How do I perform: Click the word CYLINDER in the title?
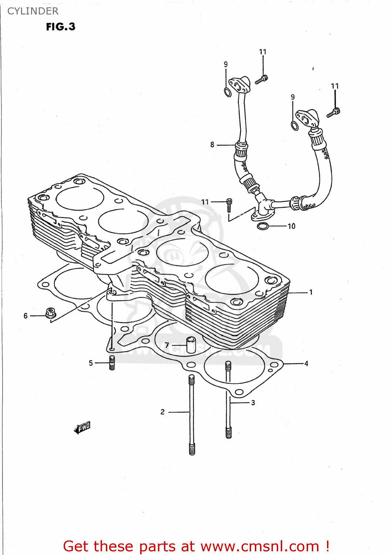pyautogui.click(x=33, y=11)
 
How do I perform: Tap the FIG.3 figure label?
pyautogui.click(x=61, y=27)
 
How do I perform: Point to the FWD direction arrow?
pyautogui.click(x=82, y=428)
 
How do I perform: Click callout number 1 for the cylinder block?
pyautogui.click(x=311, y=292)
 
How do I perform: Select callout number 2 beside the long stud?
pyautogui.click(x=162, y=412)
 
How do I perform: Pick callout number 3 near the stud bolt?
pyautogui.click(x=253, y=403)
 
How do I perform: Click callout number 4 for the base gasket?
pyautogui.click(x=306, y=363)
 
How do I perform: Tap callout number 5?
pyautogui.click(x=91, y=363)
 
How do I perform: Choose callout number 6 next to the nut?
pyautogui.click(x=26, y=316)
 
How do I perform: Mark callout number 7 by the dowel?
pyautogui.click(x=167, y=345)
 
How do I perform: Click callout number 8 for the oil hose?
pyautogui.click(x=212, y=145)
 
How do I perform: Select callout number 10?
pyautogui.click(x=291, y=226)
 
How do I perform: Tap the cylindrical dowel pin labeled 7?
pyautogui.click(x=191, y=344)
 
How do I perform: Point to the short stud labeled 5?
pyautogui.click(x=112, y=363)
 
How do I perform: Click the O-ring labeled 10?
pyautogui.click(x=263, y=226)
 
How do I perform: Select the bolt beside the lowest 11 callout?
pyautogui.click(x=229, y=205)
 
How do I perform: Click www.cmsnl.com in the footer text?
pyautogui.click(x=260, y=546)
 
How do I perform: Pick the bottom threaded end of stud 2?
pyautogui.click(x=192, y=449)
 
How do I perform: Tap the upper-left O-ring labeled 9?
pyautogui.click(x=228, y=92)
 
